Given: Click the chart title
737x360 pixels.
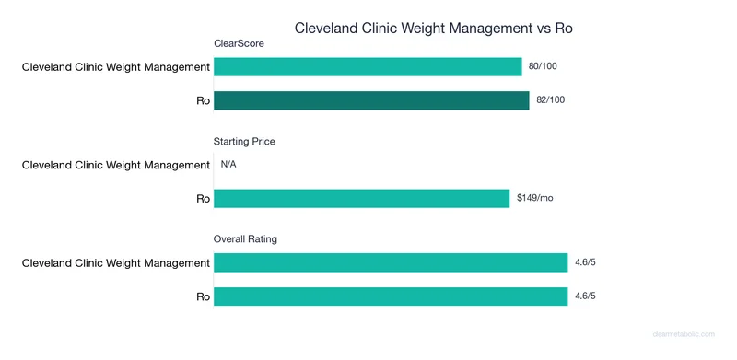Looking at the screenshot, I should click(x=434, y=28).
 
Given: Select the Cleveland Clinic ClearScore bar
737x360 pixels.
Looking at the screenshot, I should click(x=368, y=67).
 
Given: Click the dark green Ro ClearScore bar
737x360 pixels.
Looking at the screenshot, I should click(x=371, y=100).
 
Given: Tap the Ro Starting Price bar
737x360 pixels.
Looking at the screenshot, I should click(x=361, y=199).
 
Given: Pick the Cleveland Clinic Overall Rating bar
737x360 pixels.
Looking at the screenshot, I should click(x=391, y=263).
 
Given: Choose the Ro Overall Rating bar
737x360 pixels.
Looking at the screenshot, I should click(x=391, y=296).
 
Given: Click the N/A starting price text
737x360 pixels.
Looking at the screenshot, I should click(x=228, y=165).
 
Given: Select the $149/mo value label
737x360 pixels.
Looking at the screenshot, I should click(x=534, y=199).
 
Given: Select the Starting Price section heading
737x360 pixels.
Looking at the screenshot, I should click(x=244, y=142).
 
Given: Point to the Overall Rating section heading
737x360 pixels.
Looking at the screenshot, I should click(x=245, y=239).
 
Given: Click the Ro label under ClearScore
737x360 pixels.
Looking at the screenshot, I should click(x=203, y=100).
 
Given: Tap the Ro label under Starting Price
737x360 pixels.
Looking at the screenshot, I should click(x=203, y=199).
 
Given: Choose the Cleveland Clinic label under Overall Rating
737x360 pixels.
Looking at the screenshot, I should click(x=116, y=263).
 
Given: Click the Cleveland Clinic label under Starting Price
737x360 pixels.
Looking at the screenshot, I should click(x=116, y=165).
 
